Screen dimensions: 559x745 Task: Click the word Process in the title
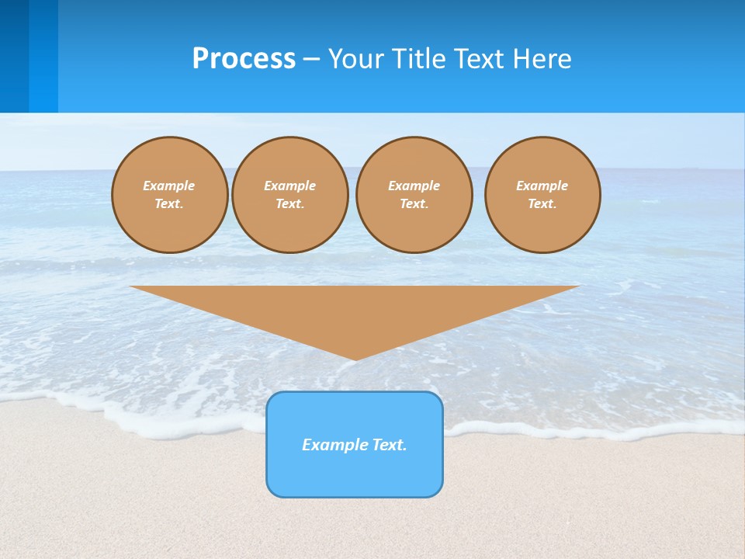(244, 59)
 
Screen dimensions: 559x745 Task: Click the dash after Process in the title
(311, 60)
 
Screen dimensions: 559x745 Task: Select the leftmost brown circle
(169, 195)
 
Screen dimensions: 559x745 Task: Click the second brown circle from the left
(290, 195)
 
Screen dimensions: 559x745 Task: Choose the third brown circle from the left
(414, 195)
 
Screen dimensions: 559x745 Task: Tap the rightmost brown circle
(542, 195)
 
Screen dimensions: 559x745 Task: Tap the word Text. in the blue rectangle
(389, 445)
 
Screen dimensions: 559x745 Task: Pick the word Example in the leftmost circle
(169, 186)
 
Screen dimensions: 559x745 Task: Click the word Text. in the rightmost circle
(542, 203)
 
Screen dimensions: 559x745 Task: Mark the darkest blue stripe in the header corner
(14, 56)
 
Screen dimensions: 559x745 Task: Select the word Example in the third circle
(414, 186)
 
